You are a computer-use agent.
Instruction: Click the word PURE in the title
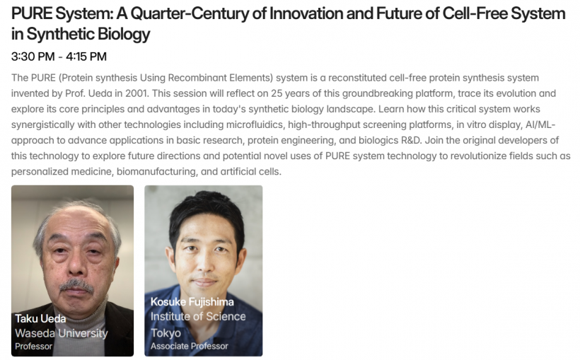[x=32, y=13]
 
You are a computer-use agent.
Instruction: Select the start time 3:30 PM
[x=33, y=57]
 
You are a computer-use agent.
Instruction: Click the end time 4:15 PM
[x=86, y=57]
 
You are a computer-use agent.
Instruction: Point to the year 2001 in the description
[x=137, y=93]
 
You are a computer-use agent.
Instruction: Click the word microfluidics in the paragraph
[x=255, y=124]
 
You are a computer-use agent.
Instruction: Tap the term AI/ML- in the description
[x=540, y=124]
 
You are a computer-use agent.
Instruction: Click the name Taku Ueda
[x=40, y=318]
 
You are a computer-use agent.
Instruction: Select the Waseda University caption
[x=62, y=333]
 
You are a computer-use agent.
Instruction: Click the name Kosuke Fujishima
[x=192, y=302]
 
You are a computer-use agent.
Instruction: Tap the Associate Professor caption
[x=189, y=347]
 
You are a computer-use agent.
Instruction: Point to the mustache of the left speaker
[x=76, y=285]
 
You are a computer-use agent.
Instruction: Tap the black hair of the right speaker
[x=207, y=210]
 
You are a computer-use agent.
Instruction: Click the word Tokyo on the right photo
[x=166, y=333]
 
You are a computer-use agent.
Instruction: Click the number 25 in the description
[x=277, y=93]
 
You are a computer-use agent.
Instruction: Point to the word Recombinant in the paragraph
[x=197, y=78]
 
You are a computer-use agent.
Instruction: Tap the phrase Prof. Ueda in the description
[x=88, y=93]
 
